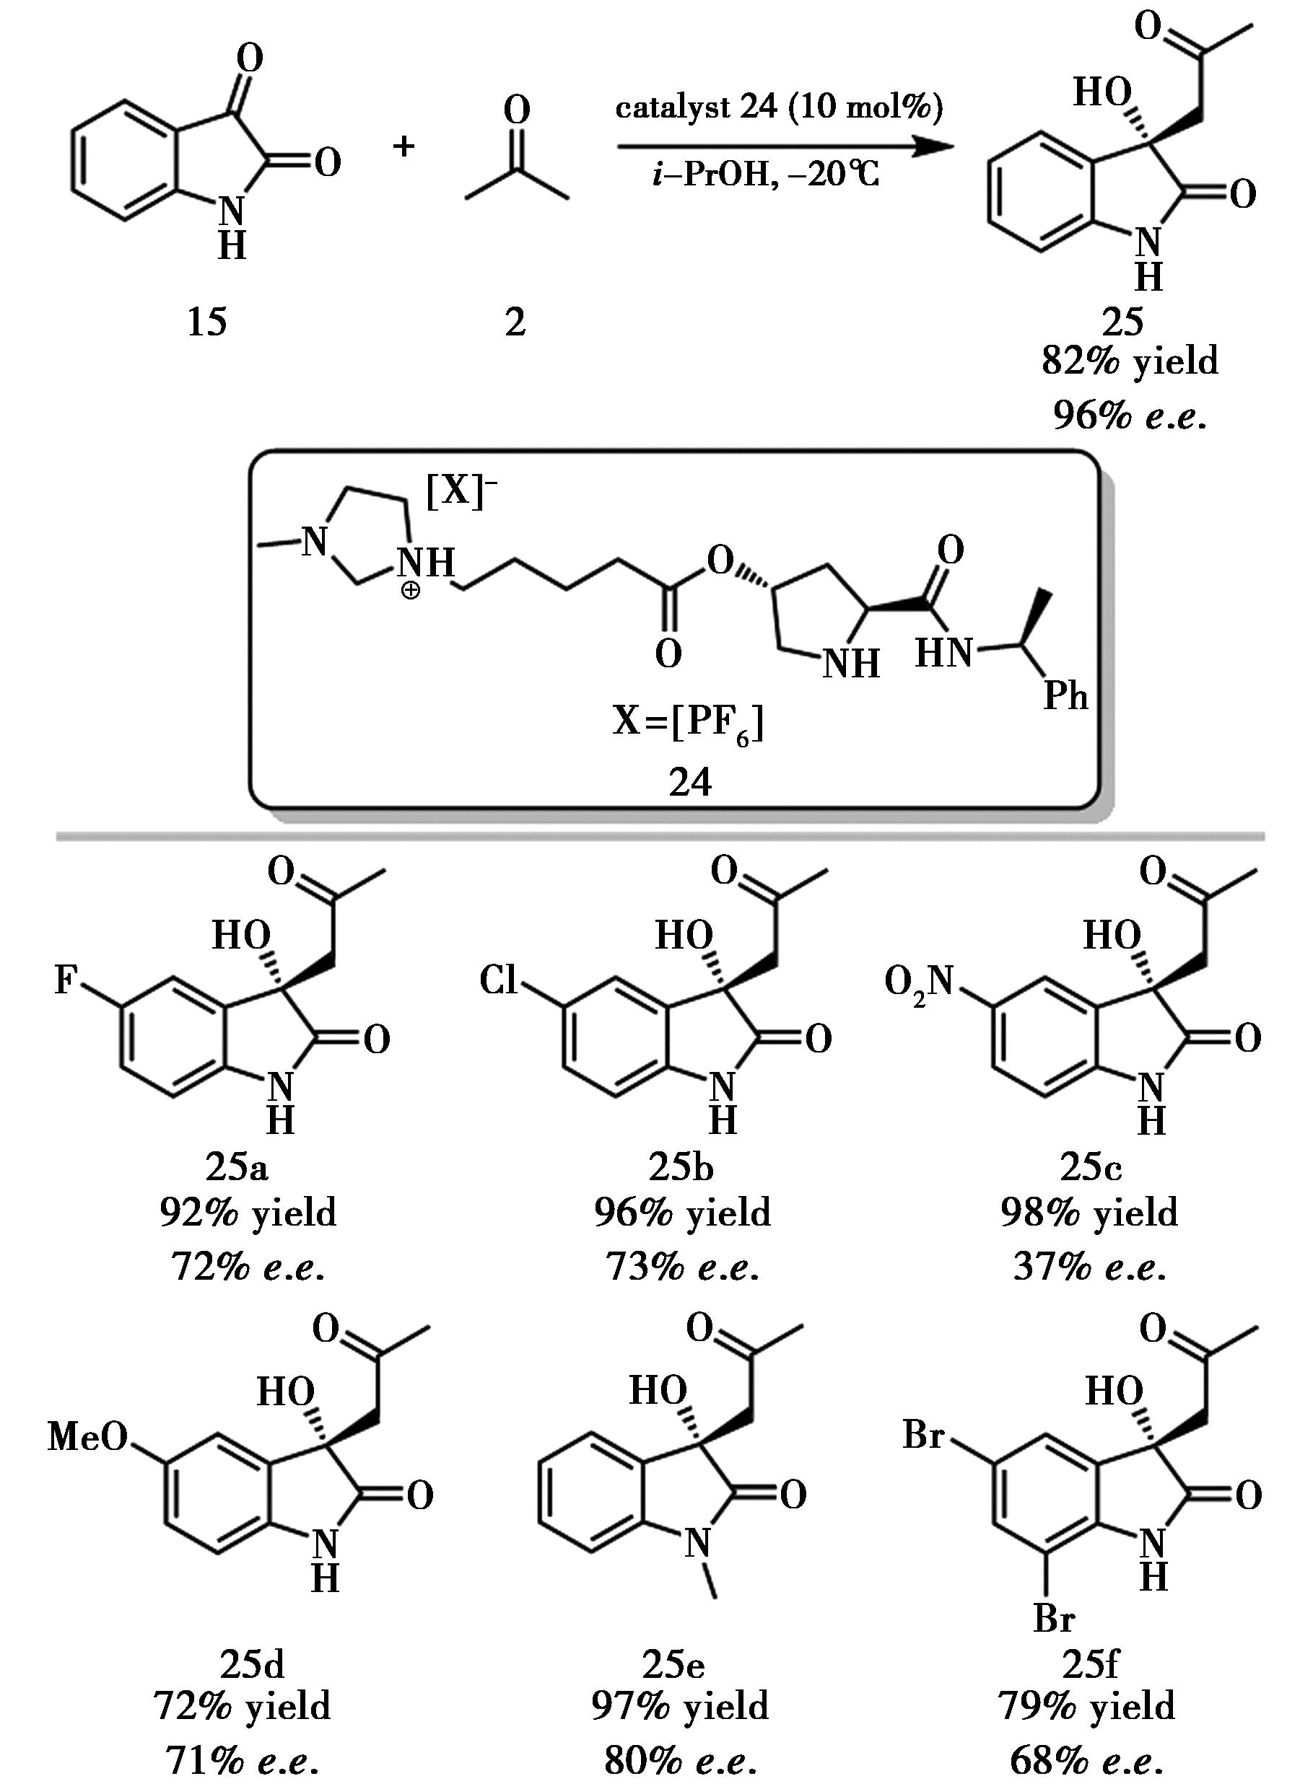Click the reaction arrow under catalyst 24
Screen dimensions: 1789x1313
[x=783, y=147]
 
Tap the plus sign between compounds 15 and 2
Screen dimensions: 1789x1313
[x=404, y=146]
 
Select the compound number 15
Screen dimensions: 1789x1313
[x=206, y=322]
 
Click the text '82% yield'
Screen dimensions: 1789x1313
[x=1130, y=361]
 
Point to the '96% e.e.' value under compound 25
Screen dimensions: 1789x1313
[x=1130, y=415]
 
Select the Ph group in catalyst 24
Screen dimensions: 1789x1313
[x=1065, y=696]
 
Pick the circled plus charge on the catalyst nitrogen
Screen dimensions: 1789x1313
[x=410, y=590]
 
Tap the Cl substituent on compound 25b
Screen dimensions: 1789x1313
[x=498, y=980]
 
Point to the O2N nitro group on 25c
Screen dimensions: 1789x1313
[x=919, y=982]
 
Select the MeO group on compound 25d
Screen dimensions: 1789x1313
[x=87, y=1436]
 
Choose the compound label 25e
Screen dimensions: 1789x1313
[x=673, y=1663]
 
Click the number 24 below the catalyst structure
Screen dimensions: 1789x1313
[x=689, y=783]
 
